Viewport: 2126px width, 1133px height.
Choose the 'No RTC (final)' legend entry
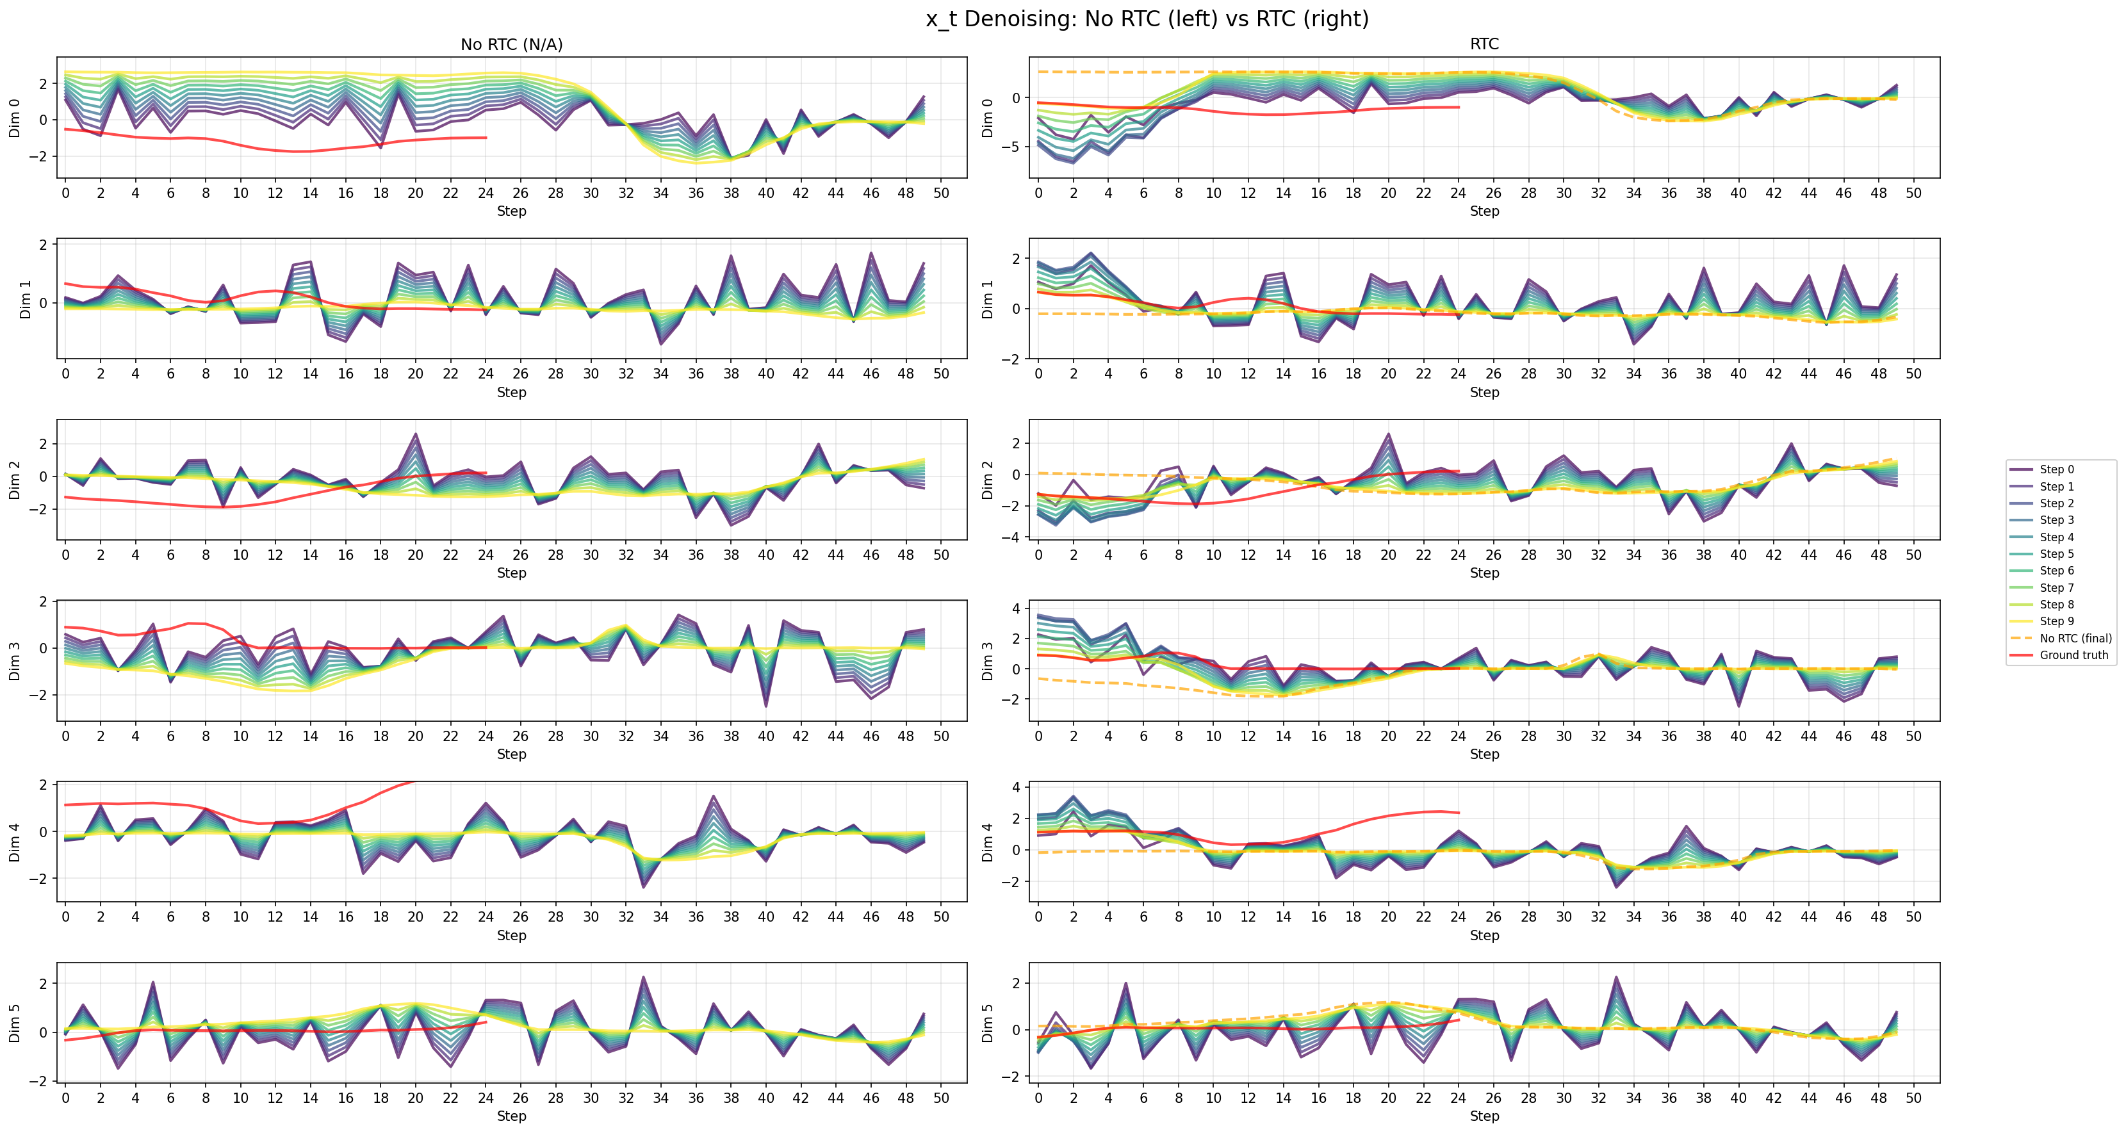click(2075, 639)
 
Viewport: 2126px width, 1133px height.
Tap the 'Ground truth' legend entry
click(2073, 655)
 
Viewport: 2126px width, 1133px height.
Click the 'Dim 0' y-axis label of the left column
click(14, 118)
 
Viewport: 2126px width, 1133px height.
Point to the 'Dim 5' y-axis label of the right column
click(987, 1023)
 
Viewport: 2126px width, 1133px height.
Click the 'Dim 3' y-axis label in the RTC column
click(987, 661)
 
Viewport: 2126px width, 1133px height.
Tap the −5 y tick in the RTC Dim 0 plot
click(1013, 147)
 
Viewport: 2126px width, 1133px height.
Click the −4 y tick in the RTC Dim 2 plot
click(1013, 537)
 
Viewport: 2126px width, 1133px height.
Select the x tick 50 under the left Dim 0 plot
click(942, 193)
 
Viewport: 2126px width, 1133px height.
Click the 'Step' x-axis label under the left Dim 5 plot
click(512, 1116)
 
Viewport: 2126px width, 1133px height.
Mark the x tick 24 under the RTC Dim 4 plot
click(1459, 917)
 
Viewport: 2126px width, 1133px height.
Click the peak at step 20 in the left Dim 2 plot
click(415, 434)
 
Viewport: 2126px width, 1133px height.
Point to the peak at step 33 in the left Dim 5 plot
click(643, 978)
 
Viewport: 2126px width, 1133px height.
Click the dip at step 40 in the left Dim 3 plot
click(766, 706)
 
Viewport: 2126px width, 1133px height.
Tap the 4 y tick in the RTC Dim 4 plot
click(1017, 787)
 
